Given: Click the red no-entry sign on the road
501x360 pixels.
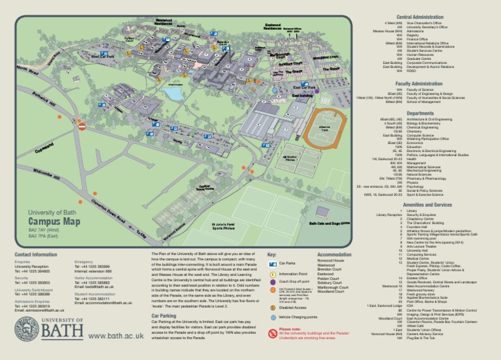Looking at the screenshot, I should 82,127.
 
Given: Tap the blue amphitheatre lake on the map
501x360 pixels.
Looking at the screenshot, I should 174,93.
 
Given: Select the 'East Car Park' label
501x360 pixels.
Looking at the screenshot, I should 305,87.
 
